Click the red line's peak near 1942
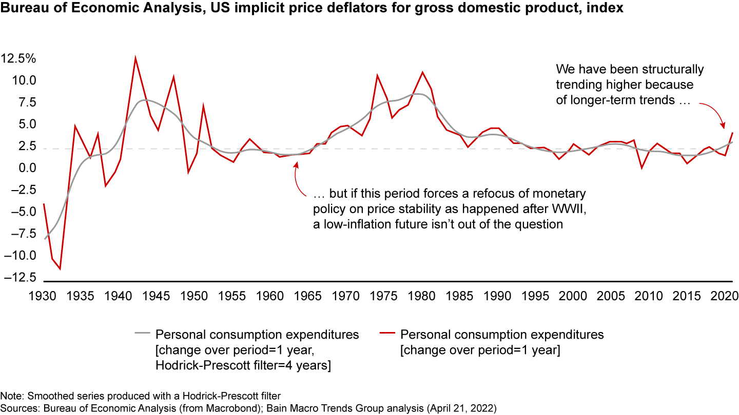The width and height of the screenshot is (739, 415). (135, 57)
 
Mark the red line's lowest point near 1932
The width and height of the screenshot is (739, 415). (60, 268)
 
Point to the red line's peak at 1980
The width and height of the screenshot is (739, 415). (422, 72)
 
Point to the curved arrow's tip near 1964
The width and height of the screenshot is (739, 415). (296, 163)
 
